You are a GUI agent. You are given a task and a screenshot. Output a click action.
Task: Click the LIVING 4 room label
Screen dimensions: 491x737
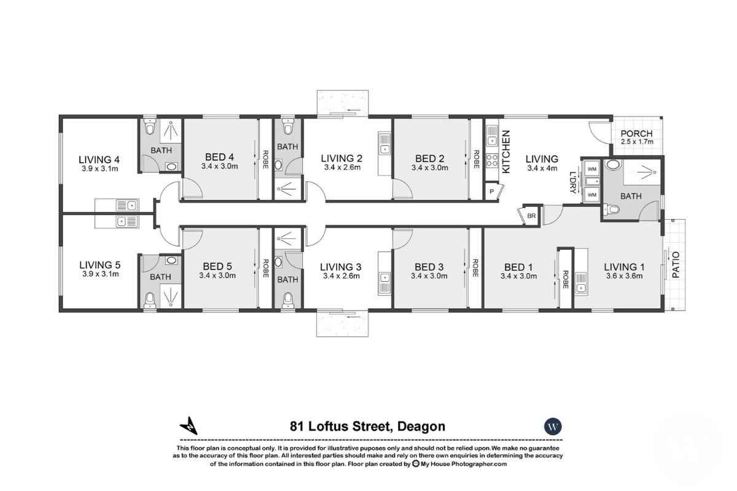99,160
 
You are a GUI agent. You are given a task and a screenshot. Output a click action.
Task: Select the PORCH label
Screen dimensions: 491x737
636,134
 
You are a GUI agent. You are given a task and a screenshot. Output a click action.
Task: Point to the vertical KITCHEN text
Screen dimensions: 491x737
507,152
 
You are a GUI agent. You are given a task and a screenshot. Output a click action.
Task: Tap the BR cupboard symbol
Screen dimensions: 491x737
530,216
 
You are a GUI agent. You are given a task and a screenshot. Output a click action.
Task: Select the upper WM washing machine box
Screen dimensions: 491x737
591,168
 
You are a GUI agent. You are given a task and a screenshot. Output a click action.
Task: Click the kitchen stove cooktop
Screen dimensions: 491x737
492,161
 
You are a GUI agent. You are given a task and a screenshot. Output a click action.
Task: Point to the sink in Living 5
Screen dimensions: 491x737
127,222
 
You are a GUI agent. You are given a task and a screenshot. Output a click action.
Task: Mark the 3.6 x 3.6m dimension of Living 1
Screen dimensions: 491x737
623,276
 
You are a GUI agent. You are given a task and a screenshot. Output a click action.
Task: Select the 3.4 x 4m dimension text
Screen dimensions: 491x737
542,168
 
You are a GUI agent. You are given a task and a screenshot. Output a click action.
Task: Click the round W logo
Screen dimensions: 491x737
554,427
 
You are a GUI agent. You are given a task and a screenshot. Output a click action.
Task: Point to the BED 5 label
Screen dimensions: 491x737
217,266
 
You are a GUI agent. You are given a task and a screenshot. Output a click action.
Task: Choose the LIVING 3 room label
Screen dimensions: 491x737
341,266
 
